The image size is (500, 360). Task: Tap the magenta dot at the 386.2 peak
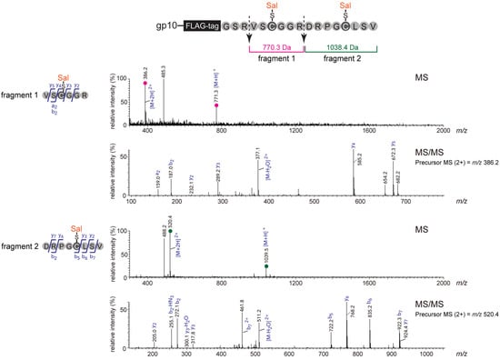[145, 83]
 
